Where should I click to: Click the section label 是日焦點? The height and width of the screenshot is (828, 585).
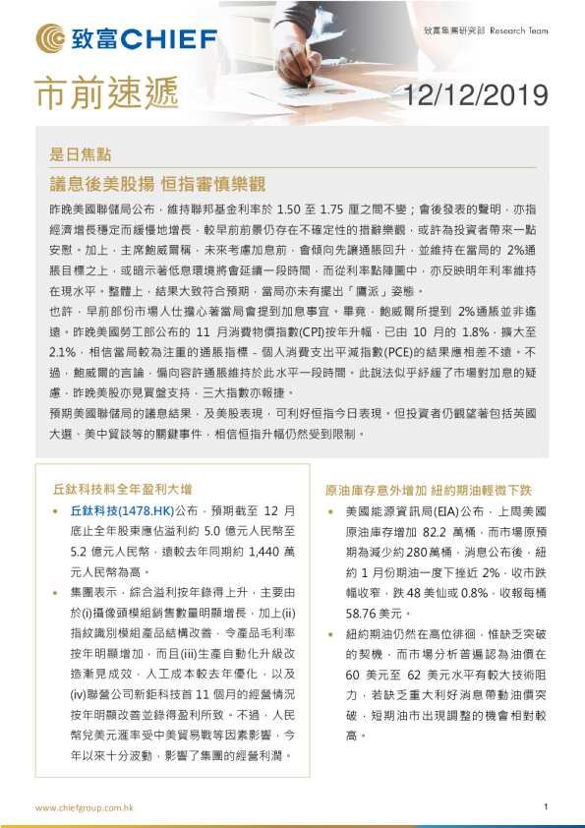pos(80,153)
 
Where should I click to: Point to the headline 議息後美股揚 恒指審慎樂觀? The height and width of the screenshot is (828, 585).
pos(157,184)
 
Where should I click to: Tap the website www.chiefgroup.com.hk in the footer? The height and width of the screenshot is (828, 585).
pos(85,806)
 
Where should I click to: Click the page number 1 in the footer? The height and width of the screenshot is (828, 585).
pos(545,806)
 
